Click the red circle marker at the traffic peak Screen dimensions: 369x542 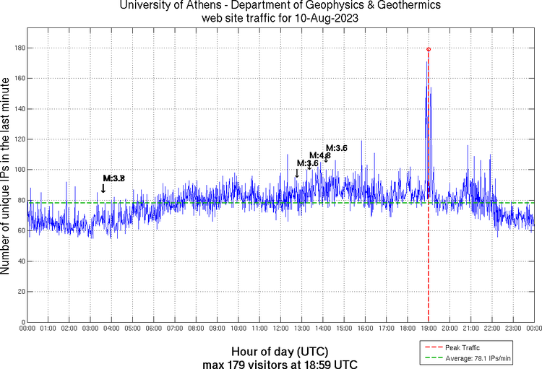(x=429, y=49)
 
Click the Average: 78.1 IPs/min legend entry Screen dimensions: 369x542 (x=478, y=357)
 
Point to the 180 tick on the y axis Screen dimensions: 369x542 (x=18, y=48)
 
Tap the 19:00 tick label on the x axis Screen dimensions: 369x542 (x=429, y=328)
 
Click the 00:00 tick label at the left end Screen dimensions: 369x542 (x=27, y=328)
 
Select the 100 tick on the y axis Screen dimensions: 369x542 (x=18, y=170)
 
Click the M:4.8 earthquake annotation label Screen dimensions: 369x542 (x=320, y=155)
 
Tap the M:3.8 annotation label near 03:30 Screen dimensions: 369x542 (x=114, y=178)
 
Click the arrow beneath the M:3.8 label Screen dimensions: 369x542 (x=103, y=188)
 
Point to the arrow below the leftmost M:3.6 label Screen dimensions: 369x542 (x=296, y=173)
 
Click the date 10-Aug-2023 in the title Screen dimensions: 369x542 (x=327, y=18)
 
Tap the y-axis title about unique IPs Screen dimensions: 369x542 (x=7, y=176)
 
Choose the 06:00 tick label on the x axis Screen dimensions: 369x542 (x=154, y=328)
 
